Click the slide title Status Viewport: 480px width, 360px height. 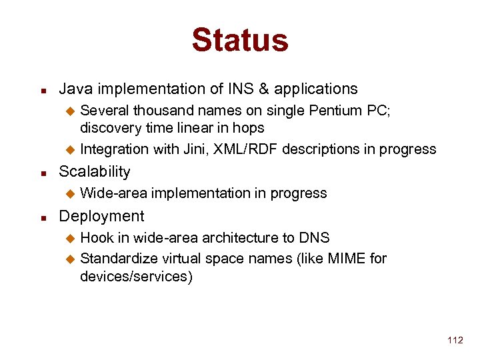coord(240,40)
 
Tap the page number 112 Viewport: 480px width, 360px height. coord(455,340)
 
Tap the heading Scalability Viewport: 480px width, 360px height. coord(95,171)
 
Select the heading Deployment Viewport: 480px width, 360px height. coord(101,216)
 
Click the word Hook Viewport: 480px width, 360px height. coord(96,237)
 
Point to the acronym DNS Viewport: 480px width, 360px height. coord(315,237)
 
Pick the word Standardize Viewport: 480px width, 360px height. coord(117,258)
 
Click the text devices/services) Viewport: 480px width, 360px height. coord(136,276)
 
